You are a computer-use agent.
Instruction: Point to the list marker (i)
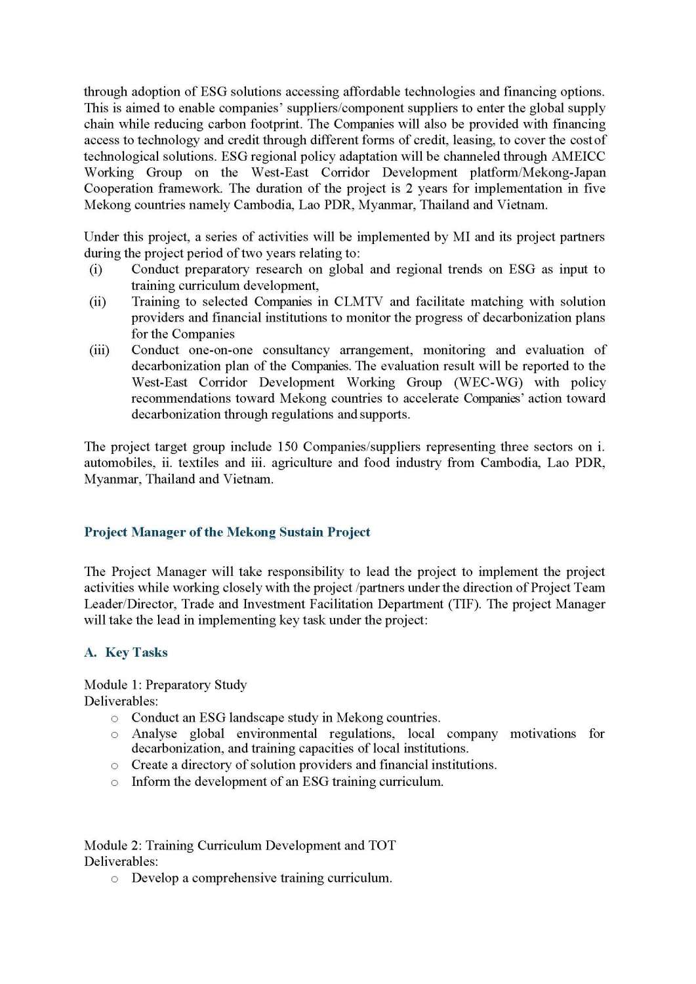pos(96,270)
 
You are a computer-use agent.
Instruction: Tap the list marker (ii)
pos(97,302)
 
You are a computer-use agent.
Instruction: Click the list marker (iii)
pos(99,350)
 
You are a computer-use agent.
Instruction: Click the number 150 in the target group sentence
pos(287,447)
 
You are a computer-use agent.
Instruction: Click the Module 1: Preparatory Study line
pos(165,685)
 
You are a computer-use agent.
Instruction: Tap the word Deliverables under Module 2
pos(121,861)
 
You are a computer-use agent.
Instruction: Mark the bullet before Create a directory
pos(115,766)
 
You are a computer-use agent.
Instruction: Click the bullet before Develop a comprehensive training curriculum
pos(115,879)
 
